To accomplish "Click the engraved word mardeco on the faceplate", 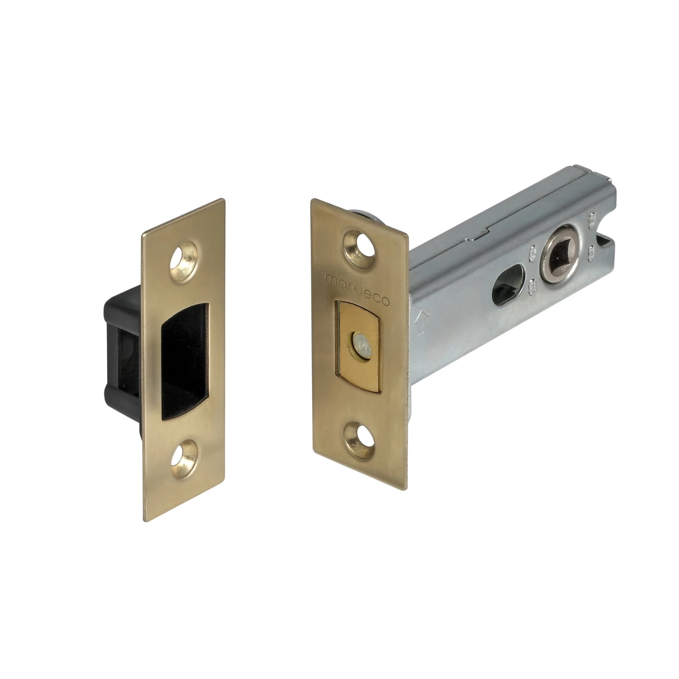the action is point(359,288).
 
